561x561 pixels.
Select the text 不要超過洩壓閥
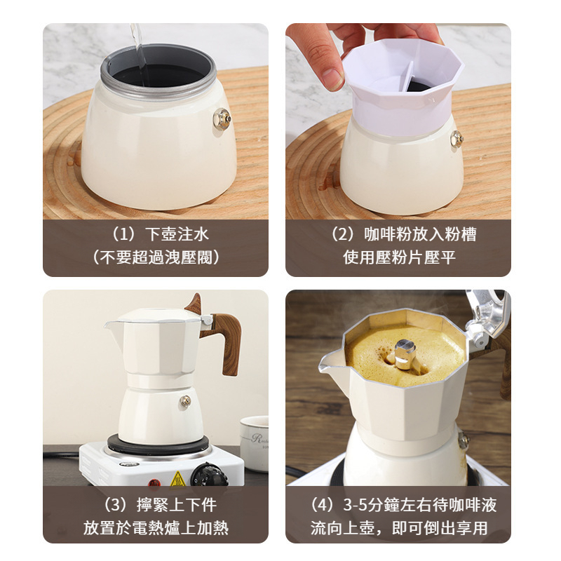pyautogui.click(x=156, y=257)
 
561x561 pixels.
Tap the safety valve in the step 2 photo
pyautogui.click(x=457, y=139)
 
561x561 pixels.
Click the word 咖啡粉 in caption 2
pyautogui.click(x=386, y=234)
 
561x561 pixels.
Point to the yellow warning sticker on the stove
pyautogui.click(x=178, y=478)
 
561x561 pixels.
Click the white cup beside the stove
pyautogui.click(x=254, y=442)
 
